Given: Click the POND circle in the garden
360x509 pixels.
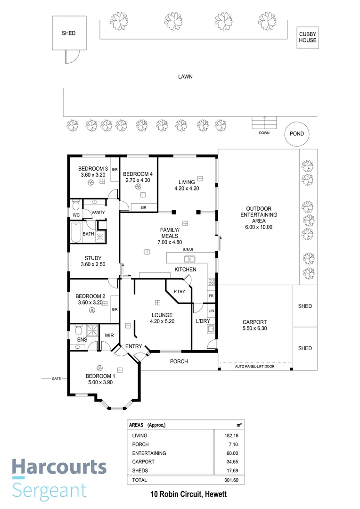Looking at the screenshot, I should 297,133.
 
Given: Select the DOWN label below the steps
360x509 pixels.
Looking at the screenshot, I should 264,133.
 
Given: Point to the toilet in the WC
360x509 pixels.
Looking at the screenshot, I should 76,205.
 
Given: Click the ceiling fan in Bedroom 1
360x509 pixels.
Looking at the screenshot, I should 99,368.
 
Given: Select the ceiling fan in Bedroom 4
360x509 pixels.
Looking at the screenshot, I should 138,187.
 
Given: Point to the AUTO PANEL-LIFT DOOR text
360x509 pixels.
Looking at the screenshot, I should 254,366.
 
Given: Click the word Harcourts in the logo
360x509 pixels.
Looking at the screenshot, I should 59,468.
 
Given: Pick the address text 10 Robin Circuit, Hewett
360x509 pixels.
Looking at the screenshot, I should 188,495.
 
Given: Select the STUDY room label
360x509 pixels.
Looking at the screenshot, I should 93,258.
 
